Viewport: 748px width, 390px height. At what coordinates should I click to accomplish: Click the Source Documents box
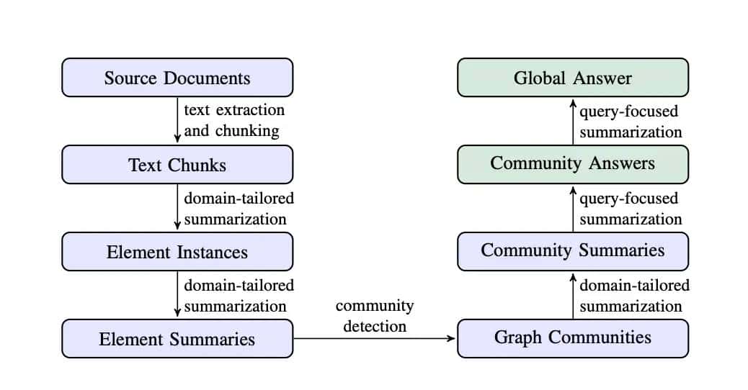click(x=177, y=78)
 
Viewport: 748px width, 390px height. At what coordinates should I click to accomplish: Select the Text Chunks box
click(x=177, y=165)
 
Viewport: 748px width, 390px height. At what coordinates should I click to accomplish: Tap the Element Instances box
click(x=177, y=252)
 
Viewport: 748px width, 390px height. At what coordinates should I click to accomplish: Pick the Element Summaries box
click(x=177, y=339)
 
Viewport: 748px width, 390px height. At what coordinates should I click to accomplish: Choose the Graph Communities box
click(x=573, y=338)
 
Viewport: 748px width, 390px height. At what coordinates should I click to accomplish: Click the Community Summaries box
click(x=573, y=251)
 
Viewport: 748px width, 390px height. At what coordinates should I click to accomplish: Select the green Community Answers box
click(x=573, y=164)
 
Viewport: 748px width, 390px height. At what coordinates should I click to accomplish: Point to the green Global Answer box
click(x=573, y=78)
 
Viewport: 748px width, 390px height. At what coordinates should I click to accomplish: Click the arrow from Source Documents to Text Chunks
click(x=177, y=121)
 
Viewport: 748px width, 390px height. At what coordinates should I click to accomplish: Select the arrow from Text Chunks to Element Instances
click(x=177, y=208)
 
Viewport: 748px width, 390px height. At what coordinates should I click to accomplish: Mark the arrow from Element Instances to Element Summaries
click(x=177, y=295)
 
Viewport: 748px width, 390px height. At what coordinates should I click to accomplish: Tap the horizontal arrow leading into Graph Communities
click(x=375, y=339)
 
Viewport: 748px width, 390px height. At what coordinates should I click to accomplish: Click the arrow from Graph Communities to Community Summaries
click(x=573, y=295)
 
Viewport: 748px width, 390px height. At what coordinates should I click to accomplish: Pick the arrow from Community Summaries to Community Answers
click(x=573, y=208)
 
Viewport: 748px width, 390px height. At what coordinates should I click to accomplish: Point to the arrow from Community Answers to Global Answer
click(x=573, y=121)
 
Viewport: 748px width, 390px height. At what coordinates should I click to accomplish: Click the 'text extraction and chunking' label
click(x=234, y=121)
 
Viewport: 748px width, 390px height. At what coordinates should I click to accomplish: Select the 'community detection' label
click(x=375, y=316)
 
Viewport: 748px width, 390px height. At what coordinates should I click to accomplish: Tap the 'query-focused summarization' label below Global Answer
click(x=631, y=122)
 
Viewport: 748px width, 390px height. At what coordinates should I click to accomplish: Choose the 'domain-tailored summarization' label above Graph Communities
click(x=634, y=296)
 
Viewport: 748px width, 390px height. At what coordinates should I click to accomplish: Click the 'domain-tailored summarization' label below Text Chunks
click(x=239, y=209)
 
